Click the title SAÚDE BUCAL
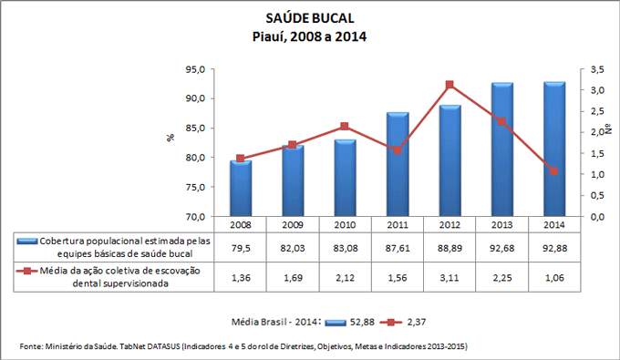pyautogui.click(x=309, y=19)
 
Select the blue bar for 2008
pyautogui.click(x=241, y=188)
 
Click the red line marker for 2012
pyautogui.click(x=449, y=85)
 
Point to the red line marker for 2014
pyautogui.click(x=554, y=171)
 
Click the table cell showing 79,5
pyautogui.click(x=241, y=246)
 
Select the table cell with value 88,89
pyautogui.click(x=449, y=246)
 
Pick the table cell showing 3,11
pyautogui.click(x=449, y=277)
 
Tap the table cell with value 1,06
pyautogui.click(x=554, y=277)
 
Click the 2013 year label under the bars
pyautogui.click(x=501, y=223)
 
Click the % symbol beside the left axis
pyautogui.click(x=170, y=139)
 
